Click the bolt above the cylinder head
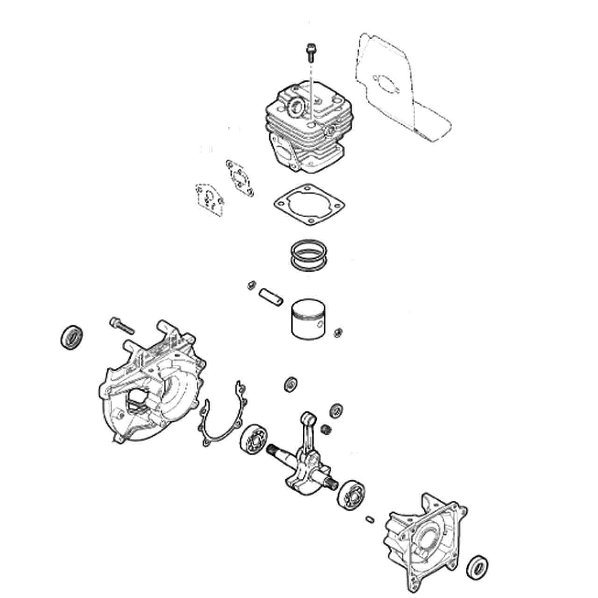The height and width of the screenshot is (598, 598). pos(310,51)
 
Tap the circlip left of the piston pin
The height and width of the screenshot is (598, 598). pos(251,285)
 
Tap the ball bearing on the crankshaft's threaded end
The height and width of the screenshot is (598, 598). pos(255,439)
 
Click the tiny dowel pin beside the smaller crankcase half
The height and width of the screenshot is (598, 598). pos(370,518)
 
